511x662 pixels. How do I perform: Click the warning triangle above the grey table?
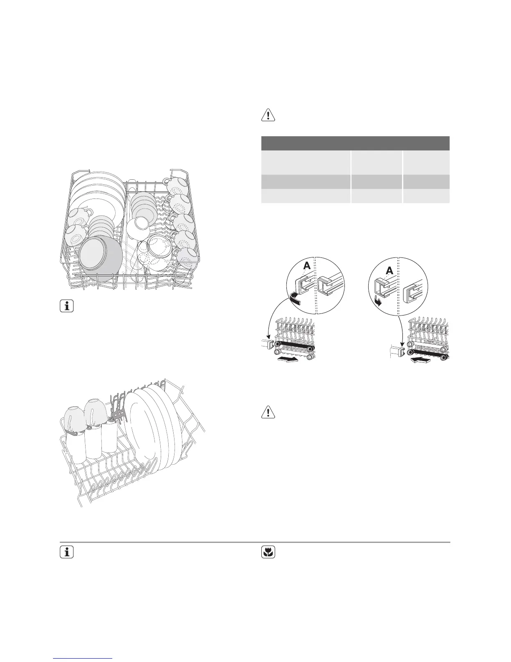pyautogui.click(x=268, y=115)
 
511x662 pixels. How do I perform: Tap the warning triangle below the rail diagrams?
pyautogui.click(x=268, y=412)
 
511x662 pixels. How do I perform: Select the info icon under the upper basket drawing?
pyautogui.click(x=67, y=306)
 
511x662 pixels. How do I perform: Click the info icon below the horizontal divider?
pyautogui.click(x=67, y=553)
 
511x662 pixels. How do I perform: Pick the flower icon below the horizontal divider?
pyautogui.click(x=268, y=553)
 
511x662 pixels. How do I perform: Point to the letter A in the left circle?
pyautogui.click(x=307, y=266)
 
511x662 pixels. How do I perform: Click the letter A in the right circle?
pyautogui.click(x=389, y=270)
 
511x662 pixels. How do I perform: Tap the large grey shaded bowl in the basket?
pyautogui.click(x=101, y=258)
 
